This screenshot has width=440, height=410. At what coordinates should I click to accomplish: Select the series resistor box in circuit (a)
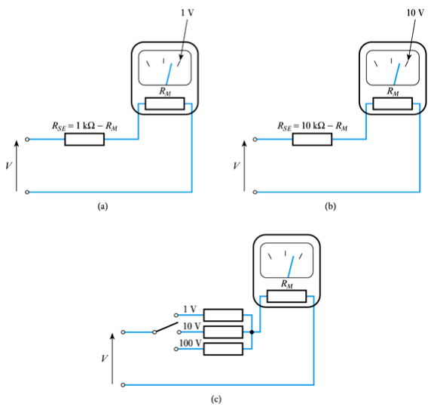click(x=84, y=140)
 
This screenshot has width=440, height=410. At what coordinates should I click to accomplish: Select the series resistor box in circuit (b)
click(x=313, y=140)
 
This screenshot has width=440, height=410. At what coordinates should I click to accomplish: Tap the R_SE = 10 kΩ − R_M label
click(x=312, y=126)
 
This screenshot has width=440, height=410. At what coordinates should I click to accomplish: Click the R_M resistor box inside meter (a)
click(x=164, y=103)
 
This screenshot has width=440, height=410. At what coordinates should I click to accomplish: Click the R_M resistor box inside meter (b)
click(x=393, y=103)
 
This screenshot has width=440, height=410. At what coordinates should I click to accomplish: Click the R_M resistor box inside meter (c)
click(x=286, y=296)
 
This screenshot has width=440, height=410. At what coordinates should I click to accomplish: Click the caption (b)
click(x=330, y=205)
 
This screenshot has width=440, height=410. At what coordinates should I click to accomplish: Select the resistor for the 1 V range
click(x=224, y=315)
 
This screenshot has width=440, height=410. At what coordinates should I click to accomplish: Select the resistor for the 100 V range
click(x=224, y=348)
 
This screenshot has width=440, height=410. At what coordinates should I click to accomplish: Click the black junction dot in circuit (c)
click(x=251, y=331)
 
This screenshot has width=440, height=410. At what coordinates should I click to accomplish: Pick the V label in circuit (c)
click(x=104, y=358)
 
